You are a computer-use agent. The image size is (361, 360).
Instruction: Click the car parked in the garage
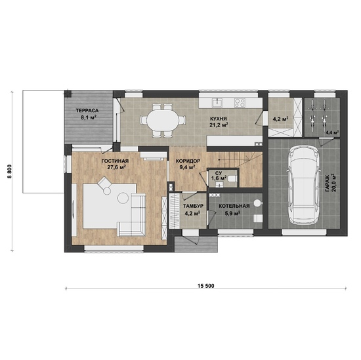tap(304, 186)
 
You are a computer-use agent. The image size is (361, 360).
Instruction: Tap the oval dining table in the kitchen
tap(163, 121)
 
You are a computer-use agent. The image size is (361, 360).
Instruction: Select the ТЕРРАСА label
tap(87, 111)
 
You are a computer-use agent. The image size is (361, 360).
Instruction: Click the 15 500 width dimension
tap(205, 286)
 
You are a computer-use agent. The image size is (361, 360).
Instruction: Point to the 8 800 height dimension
tap(9, 172)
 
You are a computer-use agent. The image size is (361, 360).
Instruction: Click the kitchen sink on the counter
tap(217, 102)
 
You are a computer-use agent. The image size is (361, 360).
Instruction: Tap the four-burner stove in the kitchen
tap(240, 102)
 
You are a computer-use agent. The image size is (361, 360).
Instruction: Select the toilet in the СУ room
tap(232, 178)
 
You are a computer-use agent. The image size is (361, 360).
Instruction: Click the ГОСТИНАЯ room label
tap(115, 161)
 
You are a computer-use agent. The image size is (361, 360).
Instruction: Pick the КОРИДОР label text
tap(188, 161)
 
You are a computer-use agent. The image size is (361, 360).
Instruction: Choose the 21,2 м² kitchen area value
tap(219, 125)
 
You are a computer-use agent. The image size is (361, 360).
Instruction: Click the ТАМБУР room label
tap(194, 206)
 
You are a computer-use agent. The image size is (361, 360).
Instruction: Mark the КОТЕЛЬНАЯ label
tap(234, 206)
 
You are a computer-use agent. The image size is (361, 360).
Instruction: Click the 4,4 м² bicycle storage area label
tap(331, 132)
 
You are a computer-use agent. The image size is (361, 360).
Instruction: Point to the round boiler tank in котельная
tap(257, 203)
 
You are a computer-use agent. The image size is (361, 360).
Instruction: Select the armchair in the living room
tap(105, 184)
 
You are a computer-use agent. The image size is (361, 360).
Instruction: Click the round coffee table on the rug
tap(123, 197)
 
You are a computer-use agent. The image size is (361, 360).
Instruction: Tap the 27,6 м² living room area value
tap(116, 167)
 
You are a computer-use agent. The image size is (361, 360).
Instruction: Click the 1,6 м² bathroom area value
tap(219, 178)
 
